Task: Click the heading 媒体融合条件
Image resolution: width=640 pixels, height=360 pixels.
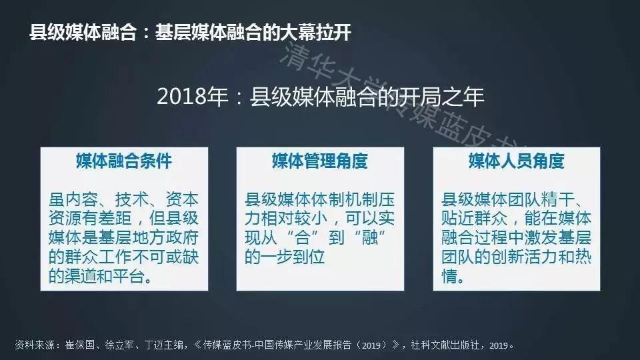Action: [124, 161]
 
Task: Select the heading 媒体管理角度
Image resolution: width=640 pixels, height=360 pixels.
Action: [320, 161]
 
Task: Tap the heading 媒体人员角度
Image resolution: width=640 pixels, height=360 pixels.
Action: [516, 161]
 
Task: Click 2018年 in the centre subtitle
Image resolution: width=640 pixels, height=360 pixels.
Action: [193, 97]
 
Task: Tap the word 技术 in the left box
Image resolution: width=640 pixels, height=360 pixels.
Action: [132, 199]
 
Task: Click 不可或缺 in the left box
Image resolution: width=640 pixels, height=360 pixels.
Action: [166, 257]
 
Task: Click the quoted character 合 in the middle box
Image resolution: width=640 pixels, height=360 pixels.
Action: [303, 237]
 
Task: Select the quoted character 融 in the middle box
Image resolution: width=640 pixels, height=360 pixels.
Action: [370, 237]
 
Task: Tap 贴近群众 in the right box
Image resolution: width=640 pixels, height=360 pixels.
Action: [475, 219]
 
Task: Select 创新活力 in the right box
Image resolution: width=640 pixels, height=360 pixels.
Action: [525, 257]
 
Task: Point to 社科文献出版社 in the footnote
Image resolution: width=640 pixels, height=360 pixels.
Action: [445, 345]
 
